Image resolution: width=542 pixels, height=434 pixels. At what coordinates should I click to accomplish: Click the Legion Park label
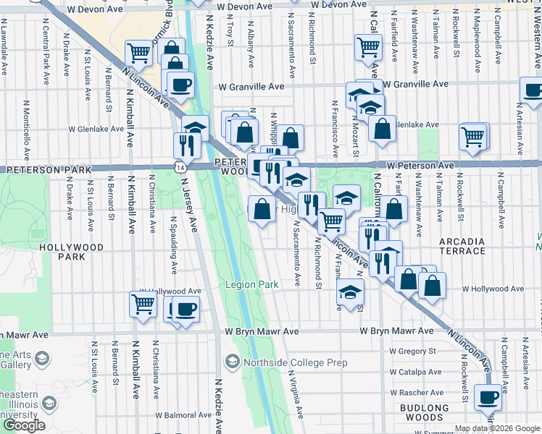(x=251, y=285)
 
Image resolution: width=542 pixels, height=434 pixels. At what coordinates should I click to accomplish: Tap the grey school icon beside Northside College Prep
(x=233, y=360)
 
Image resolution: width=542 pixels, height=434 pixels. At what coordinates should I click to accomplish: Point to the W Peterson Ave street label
(x=420, y=166)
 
